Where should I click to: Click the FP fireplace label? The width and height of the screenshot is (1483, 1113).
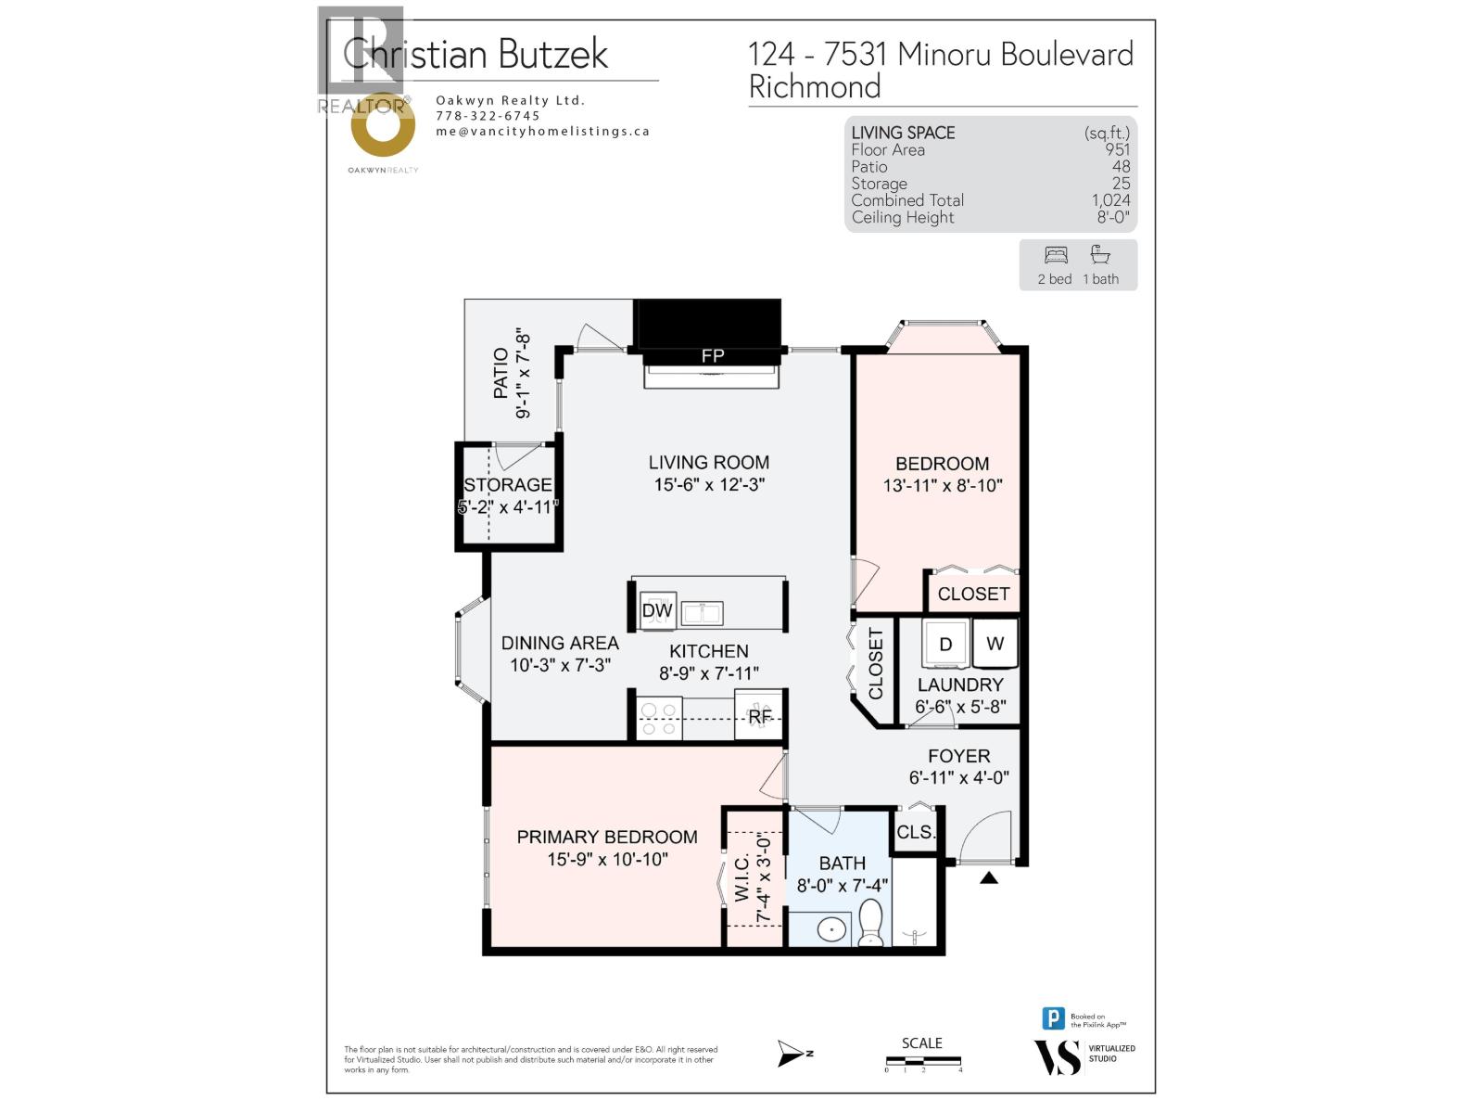[x=712, y=355]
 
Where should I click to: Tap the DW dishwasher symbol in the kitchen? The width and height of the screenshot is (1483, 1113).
[x=657, y=610]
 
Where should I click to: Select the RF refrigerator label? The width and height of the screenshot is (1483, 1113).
[x=760, y=716]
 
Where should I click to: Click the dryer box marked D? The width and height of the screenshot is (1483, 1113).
[x=945, y=644]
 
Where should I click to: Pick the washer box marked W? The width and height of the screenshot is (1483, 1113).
[x=995, y=644]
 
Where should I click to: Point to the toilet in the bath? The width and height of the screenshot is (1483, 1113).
[x=871, y=924]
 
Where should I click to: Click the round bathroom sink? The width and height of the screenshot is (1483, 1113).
[x=831, y=928]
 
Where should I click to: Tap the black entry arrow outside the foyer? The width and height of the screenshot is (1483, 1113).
[x=989, y=877]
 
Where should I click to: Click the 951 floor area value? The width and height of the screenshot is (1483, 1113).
[x=1117, y=150]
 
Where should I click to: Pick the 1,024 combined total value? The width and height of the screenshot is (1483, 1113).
[x=1110, y=200]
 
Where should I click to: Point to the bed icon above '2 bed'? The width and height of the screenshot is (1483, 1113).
[x=1056, y=255]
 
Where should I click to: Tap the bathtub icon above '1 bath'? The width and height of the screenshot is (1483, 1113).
[x=1100, y=255]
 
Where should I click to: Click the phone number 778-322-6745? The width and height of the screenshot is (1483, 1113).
[x=488, y=116]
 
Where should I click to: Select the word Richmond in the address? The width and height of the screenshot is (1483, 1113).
[x=815, y=87]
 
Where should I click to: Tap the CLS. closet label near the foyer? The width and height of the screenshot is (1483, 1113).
[x=916, y=832]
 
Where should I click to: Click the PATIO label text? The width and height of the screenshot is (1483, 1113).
[x=501, y=373]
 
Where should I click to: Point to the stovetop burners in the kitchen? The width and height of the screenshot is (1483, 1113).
[x=658, y=720]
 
